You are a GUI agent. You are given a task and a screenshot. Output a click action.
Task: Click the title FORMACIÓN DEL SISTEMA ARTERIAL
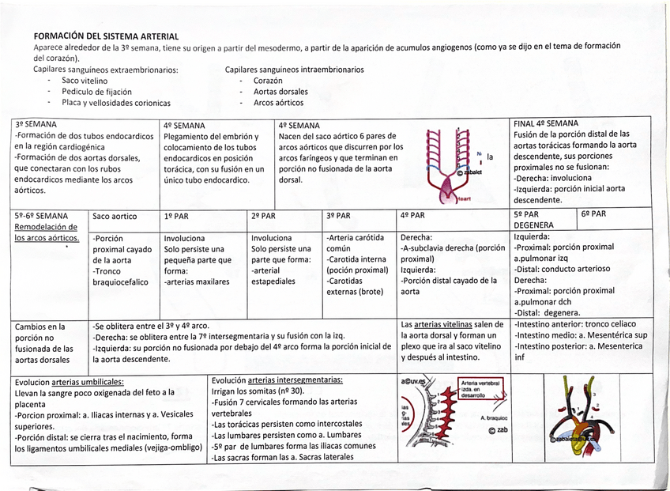(x=105, y=36)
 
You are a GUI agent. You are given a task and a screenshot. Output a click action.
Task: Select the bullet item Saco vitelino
(x=85, y=81)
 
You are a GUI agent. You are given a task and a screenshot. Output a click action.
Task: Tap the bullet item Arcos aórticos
(x=278, y=103)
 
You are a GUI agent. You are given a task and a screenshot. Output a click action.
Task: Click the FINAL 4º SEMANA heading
(x=545, y=123)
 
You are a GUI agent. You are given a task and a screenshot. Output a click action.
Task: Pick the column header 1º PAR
(x=177, y=216)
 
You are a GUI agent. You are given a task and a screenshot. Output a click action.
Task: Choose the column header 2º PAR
(x=263, y=216)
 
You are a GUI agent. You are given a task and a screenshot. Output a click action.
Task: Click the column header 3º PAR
(x=338, y=216)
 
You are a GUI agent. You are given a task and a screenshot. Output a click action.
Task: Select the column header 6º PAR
(x=594, y=214)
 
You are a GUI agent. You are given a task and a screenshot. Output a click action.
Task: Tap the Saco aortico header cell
(x=115, y=216)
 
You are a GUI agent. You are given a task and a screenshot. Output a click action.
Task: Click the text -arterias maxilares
(x=197, y=281)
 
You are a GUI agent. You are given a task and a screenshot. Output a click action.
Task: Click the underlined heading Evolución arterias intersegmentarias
(x=277, y=380)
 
